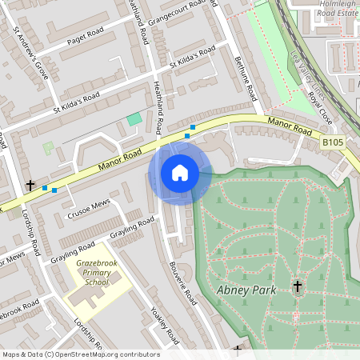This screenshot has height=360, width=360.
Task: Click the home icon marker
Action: pyautogui.click(x=180, y=173)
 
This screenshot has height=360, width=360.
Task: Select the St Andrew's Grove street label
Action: pyautogui.click(x=31, y=55)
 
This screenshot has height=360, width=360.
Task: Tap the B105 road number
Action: pyautogui.click(x=334, y=142)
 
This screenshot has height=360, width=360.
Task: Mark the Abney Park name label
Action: pyautogui.click(x=246, y=290)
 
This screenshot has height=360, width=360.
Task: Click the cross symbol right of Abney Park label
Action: pyautogui.click(x=298, y=286)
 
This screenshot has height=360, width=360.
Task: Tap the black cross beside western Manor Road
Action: pyautogui.click(x=30, y=185)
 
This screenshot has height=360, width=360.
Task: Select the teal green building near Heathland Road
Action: pyautogui.click(x=134, y=119)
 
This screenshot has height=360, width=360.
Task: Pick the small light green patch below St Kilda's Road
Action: pyautogui.click(x=48, y=148)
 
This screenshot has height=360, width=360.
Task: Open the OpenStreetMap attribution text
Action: pyautogui.click(x=80, y=354)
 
